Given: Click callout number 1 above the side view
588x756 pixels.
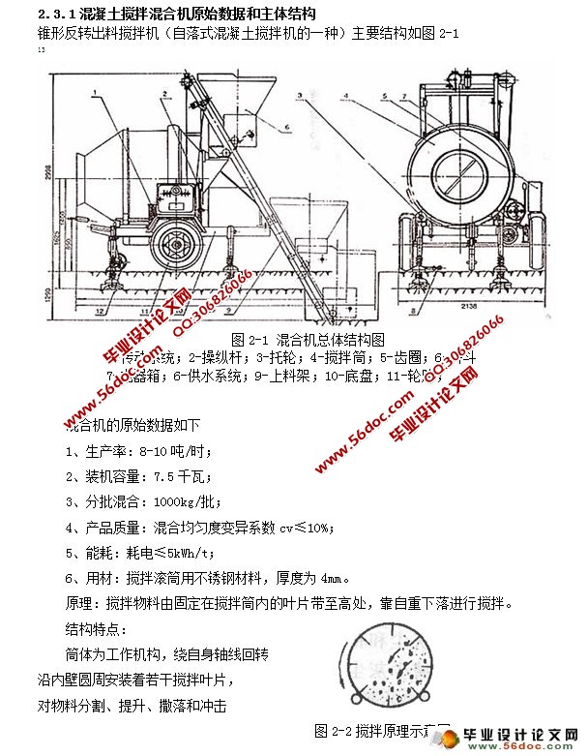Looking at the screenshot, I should click(98, 91).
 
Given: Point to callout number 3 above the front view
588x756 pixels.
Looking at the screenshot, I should click(301, 96).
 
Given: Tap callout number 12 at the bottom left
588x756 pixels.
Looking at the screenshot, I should click(100, 311).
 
